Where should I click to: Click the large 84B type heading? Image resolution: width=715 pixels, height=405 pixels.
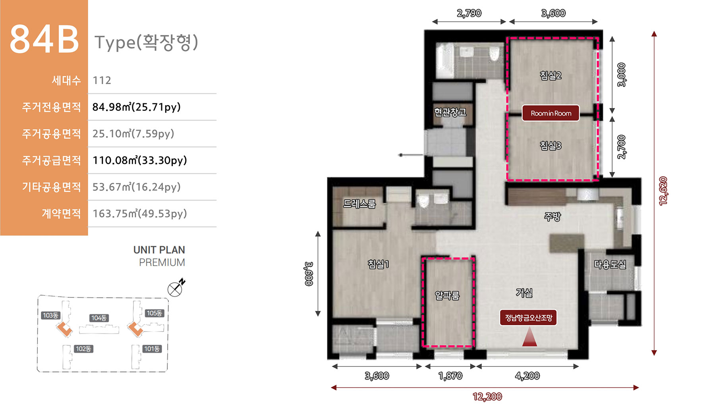pyautogui.click(x=44, y=39)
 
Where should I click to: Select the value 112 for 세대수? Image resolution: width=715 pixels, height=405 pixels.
pyautogui.click(x=102, y=81)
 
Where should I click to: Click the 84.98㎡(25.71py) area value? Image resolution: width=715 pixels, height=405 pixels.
pyautogui.click(x=136, y=107)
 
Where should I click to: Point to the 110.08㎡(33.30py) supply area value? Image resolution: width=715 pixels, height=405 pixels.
pyautogui.click(x=139, y=160)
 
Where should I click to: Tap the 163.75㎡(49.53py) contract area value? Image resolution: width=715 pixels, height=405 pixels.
pyautogui.click(x=139, y=214)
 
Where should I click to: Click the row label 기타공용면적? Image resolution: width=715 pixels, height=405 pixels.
pyautogui.click(x=51, y=187)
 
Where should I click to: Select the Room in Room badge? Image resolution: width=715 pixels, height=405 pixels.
pyautogui.click(x=551, y=113)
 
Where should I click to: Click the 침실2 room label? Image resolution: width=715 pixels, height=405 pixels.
pyautogui.click(x=551, y=75)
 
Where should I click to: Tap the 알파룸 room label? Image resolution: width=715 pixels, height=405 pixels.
pyautogui.click(x=447, y=295)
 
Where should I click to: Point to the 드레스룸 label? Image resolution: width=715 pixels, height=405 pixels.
pyautogui.click(x=359, y=204)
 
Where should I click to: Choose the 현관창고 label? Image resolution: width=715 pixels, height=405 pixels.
pyautogui.click(x=450, y=112)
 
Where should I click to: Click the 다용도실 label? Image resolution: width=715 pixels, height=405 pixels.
pyautogui.click(x=610, y=264)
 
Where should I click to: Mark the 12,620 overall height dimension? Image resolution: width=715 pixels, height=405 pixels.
pyautogui.click(x=663, y=191)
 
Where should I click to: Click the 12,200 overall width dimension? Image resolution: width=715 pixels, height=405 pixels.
pyautogui.click(x=487, y=397)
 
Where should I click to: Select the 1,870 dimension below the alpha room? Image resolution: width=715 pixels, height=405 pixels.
pyautogui.click(x=450, y=376)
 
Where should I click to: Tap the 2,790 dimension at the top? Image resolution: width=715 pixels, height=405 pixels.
pyautogui.click(x=469, y=13)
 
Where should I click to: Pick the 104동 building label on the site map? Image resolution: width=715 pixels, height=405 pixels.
pyautogui.click(x=99, y=318)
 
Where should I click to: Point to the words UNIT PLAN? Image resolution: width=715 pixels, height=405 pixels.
pyautogui.click(x=159, y=250)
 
